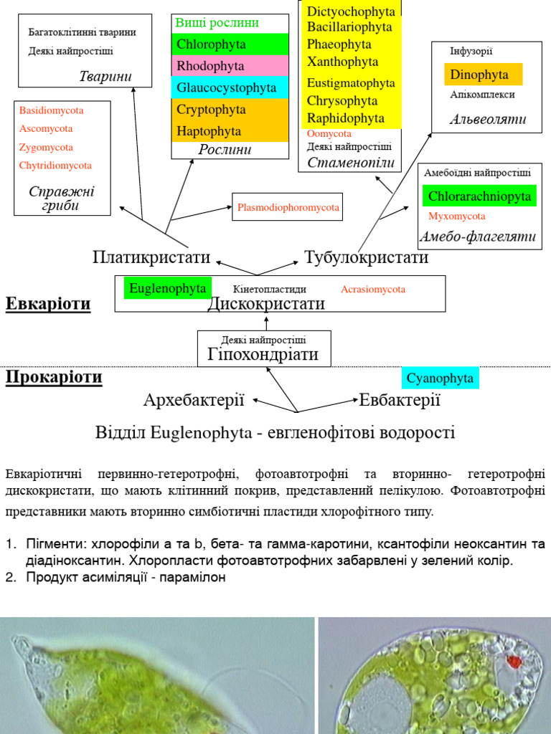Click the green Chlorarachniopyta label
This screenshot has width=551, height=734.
pyautogui.click(x=479, y=196)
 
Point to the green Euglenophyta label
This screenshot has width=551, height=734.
pyautogui.click(x=168, y=288)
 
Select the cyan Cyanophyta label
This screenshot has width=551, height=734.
pyautogui.click(x=440, y=378)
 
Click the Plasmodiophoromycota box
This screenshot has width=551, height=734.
pyautogui.click(x=288, y=207)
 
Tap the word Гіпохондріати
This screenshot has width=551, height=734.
pyautogui.click(x=263, y=354)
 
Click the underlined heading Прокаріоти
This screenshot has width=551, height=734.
pyautogui.click(x=54, y=377)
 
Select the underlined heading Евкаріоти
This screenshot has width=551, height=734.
pyautogui.click(x=48, y=304)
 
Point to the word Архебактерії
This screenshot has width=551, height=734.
pyautogui.click(x=194, y=400)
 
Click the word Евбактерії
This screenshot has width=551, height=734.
pyautogui.click(x=399, y=400)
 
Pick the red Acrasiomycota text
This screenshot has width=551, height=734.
pyautogui.click(x=373, y=290)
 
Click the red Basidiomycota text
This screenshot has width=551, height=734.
pyautogui.click(x=52, y=110)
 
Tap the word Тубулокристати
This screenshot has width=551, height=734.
pyautogui.click(x=366, y=257)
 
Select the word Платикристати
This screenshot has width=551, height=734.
pyautogui.click(x=151, y=257)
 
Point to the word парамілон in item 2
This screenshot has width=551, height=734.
pyautogui.click(x=197, y=577)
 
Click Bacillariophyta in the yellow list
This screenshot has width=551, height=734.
pyautogui.click(x=349, y=27)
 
